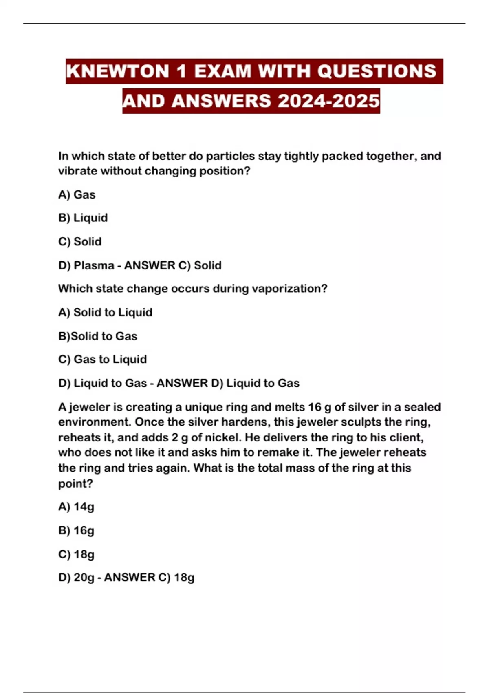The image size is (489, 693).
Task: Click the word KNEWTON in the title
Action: (117, 71)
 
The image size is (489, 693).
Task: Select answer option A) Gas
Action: (77, 195)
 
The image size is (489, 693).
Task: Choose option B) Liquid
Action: (83, 218)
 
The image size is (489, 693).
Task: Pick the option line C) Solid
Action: (80, 242)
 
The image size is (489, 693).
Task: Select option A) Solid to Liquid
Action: (105, 313)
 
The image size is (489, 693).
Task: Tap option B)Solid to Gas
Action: (97, 336)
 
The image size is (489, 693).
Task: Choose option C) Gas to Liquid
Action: (102, 360)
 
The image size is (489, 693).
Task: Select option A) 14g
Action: (76, 507)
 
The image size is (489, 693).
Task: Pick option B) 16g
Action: (76, 531)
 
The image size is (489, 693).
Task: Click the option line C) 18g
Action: (76, 554)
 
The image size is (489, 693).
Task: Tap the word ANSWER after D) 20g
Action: (130, 578)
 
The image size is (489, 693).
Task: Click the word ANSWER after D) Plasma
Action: (150, 265)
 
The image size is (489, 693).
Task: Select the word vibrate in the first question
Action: (78, 171)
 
